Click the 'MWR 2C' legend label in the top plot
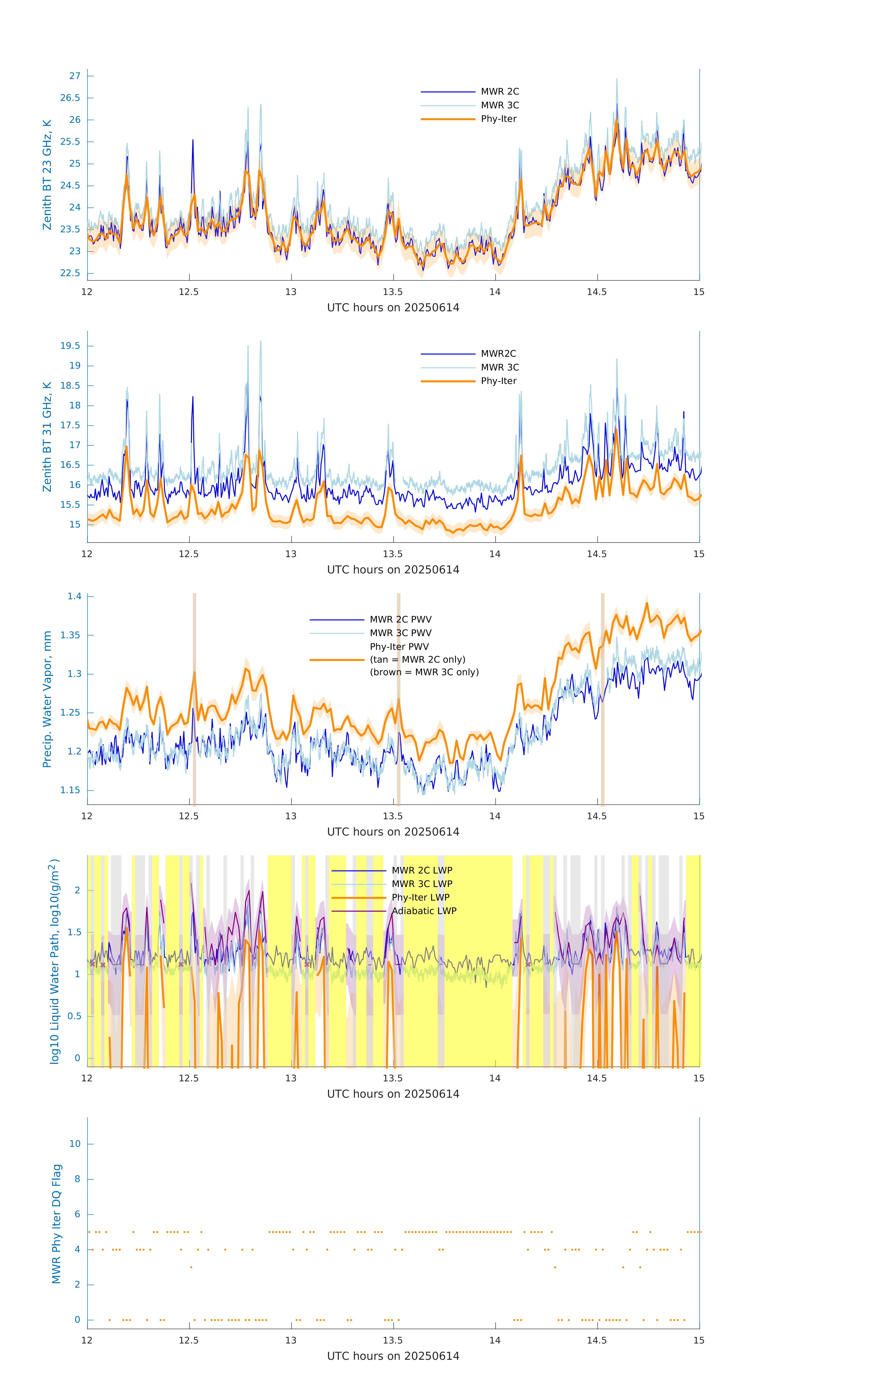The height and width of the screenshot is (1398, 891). tap(500, 92)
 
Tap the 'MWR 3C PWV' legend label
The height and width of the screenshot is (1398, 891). tap(400, 633)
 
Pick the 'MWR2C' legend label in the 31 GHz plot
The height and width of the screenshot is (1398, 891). tap(498, 353)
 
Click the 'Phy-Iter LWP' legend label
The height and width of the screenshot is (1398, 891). tap(420, 898)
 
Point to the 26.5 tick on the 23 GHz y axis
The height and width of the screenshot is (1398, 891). tap(70, 98)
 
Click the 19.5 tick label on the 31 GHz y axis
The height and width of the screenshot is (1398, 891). tap(70, 346)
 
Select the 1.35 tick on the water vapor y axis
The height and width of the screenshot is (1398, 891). tap(70, 635)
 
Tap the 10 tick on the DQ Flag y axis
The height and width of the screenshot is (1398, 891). tap(75, 1144)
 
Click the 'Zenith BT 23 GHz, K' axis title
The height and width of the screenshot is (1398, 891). tap(47, 175)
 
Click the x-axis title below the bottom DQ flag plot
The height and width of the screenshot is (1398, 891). tap(393, 1356)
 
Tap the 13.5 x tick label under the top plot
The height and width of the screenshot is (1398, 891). tap(393, 291)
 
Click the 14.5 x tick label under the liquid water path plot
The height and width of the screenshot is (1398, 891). tap(597, 1078)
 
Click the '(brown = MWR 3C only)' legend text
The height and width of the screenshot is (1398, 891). tap(424, 672)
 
